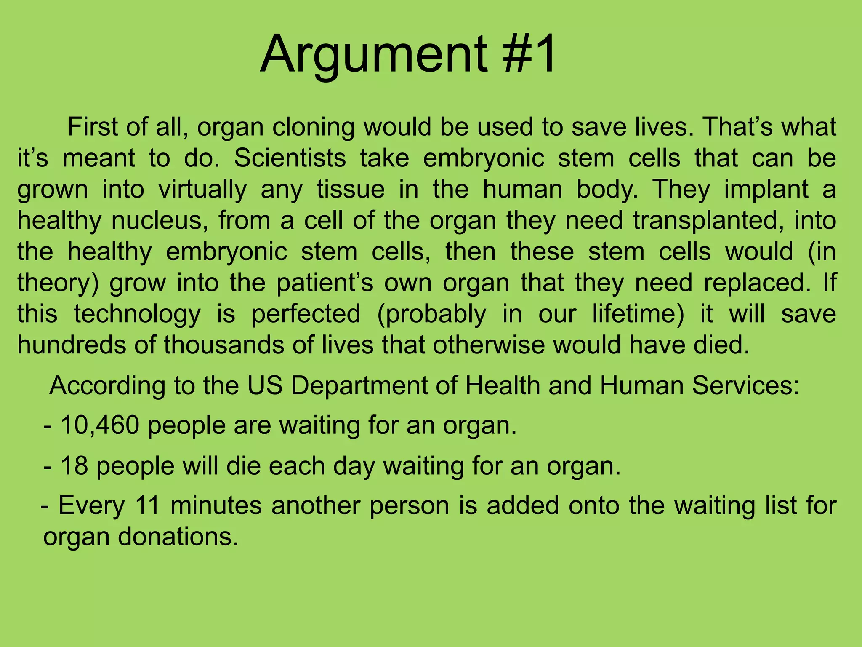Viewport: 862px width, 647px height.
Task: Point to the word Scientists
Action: (x=290, y=158)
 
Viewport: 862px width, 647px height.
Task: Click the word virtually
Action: (x=202, y=189)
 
